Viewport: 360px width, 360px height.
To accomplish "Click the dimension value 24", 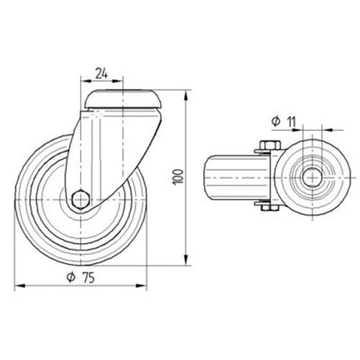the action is click(102, 73).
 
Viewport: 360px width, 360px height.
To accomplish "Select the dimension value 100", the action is click(179, 177).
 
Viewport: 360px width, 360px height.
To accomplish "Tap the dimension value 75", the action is click(89, 278).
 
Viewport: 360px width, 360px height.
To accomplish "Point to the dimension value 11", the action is click(292, 122).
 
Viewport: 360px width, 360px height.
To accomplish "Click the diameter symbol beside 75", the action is click(71, 278).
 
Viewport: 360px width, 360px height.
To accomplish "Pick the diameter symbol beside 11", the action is click(276, 122).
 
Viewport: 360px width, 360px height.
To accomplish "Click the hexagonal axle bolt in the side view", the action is click(81, 199).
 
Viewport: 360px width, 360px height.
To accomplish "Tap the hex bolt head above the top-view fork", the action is click(270, 145).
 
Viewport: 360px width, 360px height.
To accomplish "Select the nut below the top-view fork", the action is click(270, 208).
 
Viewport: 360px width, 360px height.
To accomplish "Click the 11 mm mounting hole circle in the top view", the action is click(312, 178).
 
